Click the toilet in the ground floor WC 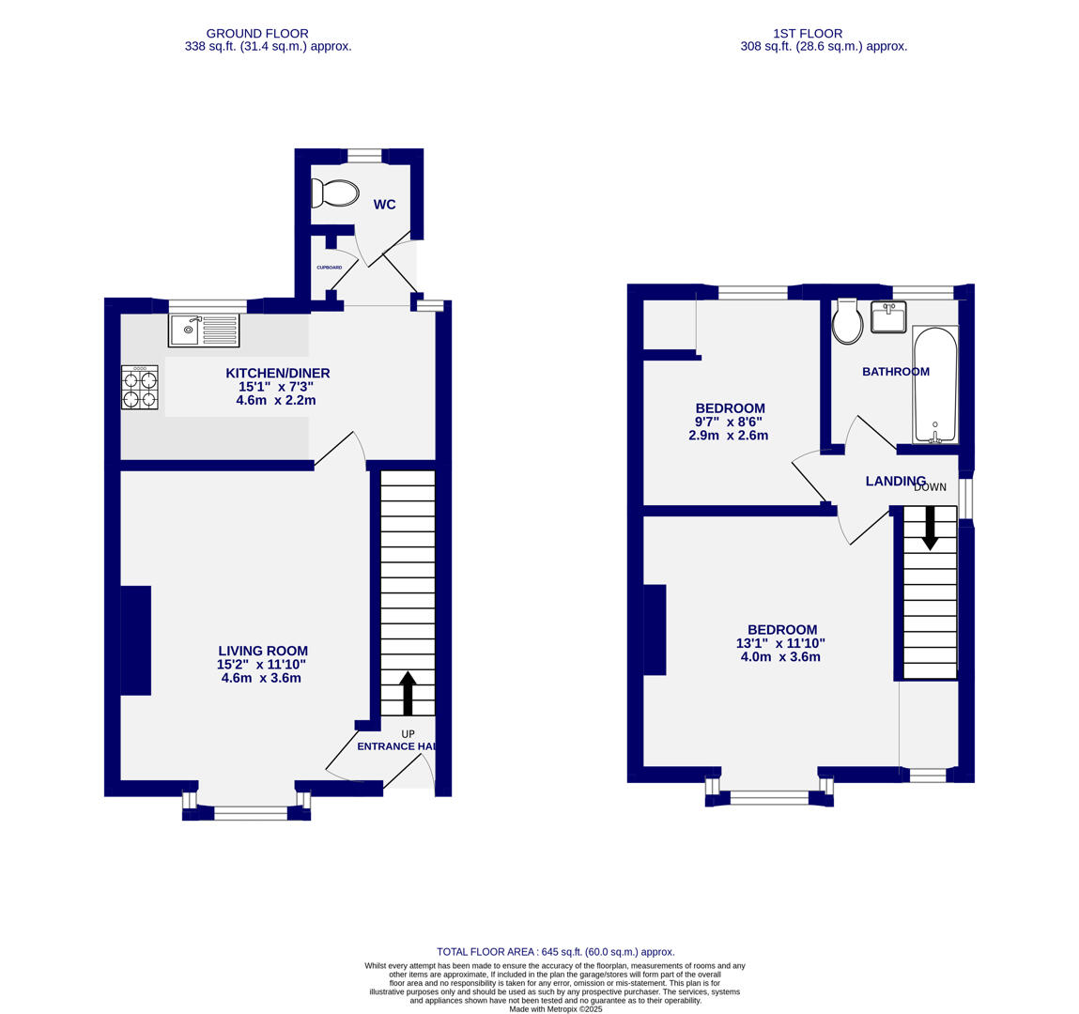point(335,193)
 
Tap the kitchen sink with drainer point(204,330)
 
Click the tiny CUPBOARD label point(329,268)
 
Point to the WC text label point(384,205)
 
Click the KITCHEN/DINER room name point(277,374)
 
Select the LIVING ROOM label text point(262,651)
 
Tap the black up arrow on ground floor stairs point(408,693)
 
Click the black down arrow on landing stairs point(930,529)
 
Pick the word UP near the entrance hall point(408,734)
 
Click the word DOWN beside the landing point(930,487)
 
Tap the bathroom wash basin point(887,316)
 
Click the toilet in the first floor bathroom point(847,322)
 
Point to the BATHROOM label point(896,372)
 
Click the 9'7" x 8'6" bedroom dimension point(730,422)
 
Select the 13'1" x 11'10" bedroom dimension point(780,643)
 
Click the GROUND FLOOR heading point(257,34)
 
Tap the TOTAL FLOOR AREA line point(555,951)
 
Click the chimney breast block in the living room point(136,640)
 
